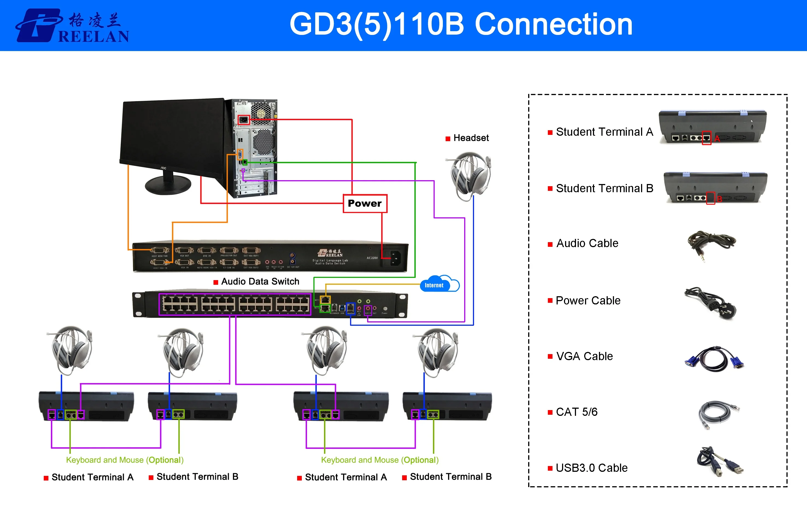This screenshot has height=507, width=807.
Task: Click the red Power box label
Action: click(x=365, y=203)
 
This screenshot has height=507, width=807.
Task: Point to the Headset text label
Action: click(x=470, y=138)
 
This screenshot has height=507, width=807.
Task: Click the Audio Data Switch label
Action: click(x=260, y=281)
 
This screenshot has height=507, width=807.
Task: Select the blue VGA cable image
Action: click(x=714, y=359)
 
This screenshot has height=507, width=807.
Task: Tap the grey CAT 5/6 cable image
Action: click(x=717, y=414)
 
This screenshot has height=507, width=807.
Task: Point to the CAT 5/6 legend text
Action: click(x=577, y=412)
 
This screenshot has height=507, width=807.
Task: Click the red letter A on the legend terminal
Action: click(x=717, y=139)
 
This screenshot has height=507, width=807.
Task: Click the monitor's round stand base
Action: click(x=168, y=185)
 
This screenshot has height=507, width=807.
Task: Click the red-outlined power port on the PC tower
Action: click(x=244, y=120)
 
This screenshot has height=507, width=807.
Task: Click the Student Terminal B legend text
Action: click(x=604, y=188)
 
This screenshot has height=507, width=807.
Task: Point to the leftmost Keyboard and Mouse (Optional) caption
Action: click(x=125, y=460)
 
